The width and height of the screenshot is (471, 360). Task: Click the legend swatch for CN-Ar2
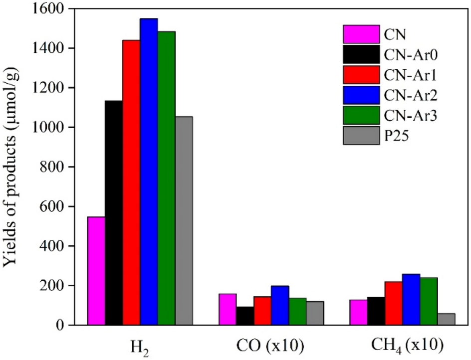[x=361, y=95]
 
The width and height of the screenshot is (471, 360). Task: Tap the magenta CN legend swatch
[x=361, y=34]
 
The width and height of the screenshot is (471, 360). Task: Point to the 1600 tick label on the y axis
[x=54, y=9]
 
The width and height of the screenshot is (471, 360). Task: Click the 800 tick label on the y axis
[x=58, y=167]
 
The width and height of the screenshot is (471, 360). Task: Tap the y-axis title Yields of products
[x=12, y=167]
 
